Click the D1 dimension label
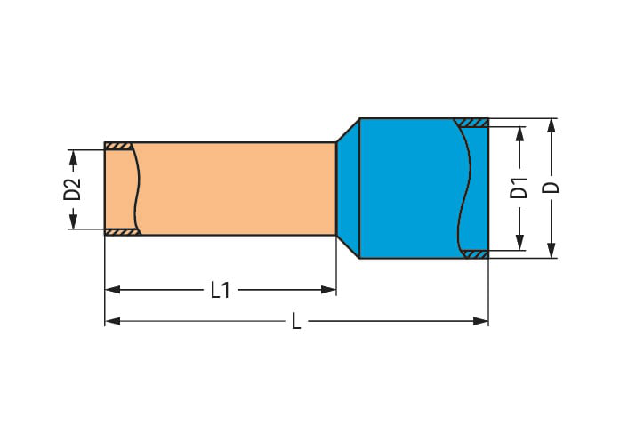click(519, 188)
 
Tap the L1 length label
click(221, 290)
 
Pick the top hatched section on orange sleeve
click(118, 146)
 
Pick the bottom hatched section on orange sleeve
click(118, 232)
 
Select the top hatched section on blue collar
click(471, 123)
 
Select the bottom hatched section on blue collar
click(473, 254)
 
